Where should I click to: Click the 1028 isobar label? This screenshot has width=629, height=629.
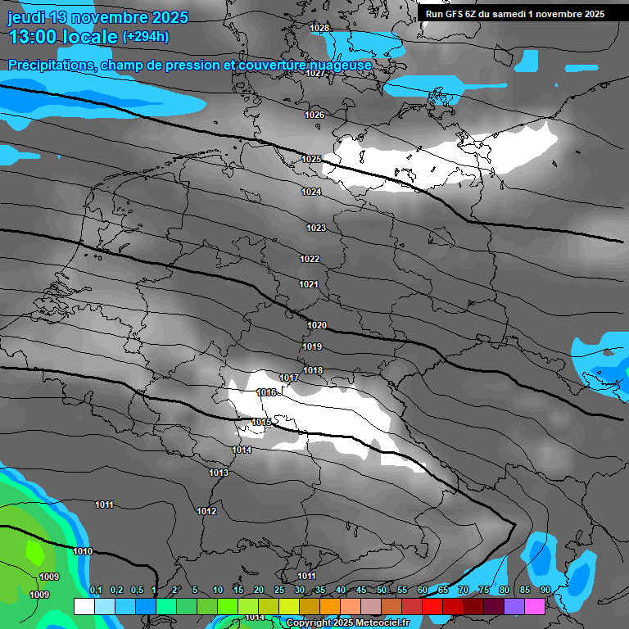(x=319, y=29)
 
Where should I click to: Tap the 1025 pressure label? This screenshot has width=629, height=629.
(x=311, y=159)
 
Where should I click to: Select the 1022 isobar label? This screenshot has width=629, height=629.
(x=309, y=259)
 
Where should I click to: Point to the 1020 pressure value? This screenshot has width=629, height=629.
(x=317, y=325)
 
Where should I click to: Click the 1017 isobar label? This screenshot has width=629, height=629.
(x=288, y=378)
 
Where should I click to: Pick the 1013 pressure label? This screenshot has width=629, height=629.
(x=218, y=473)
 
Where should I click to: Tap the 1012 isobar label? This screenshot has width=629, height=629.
(x=206, y=511)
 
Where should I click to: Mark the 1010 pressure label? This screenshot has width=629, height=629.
(x=82, y=551)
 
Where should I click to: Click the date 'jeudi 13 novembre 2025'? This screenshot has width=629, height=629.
(x=98, y=17)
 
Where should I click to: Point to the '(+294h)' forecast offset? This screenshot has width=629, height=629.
(x=146, y=37)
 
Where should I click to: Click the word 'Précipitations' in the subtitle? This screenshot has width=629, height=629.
(x=49, y=66)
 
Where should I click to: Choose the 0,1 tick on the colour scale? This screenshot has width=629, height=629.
(x=95, y=591)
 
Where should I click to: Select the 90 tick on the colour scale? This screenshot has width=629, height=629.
(x=545, y=591)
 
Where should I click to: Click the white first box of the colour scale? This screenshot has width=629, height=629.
(x=84, y=606)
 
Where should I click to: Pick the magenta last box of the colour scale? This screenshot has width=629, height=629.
(x=535, y=606)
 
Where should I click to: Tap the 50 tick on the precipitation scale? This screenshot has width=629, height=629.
(x=382, y=591)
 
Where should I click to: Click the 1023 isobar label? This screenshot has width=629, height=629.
(x=316, y=228)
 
